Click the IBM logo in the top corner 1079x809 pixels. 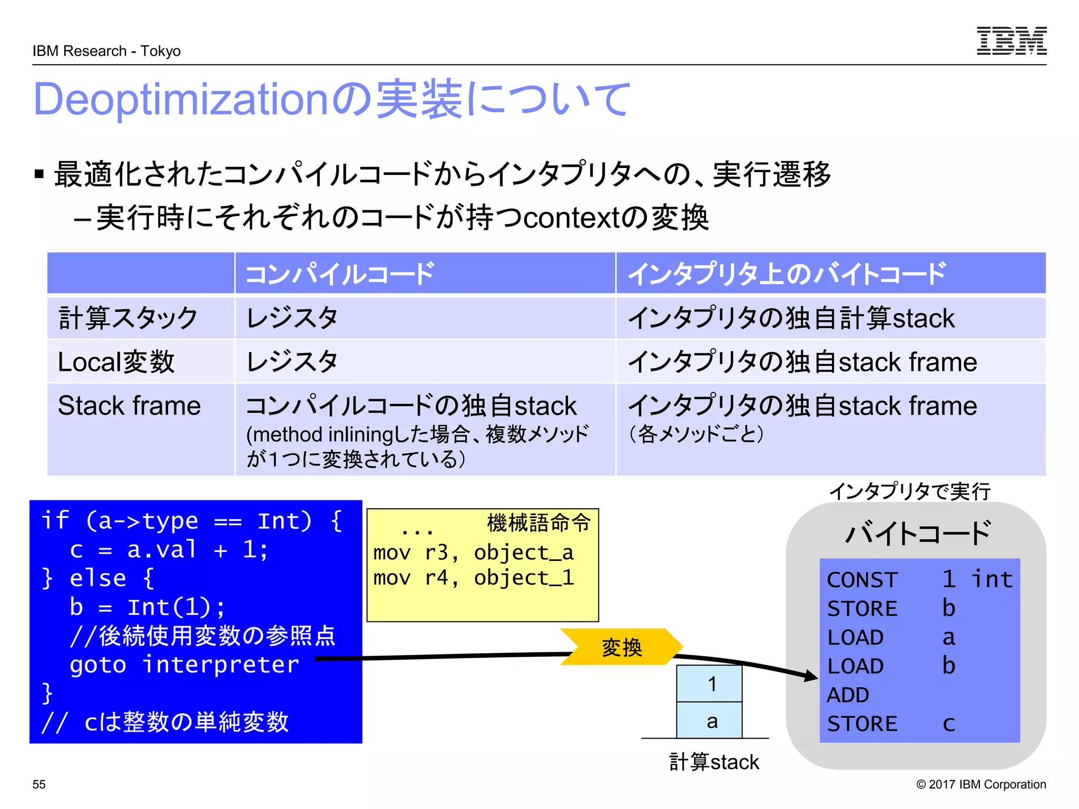(x=1011, y=41)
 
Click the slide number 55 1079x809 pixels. (x=39, y=784)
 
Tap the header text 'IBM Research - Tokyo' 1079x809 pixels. (x=106, y=51)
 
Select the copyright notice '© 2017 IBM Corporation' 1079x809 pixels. (x=981, y=784)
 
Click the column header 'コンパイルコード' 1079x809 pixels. (x=340, y=274)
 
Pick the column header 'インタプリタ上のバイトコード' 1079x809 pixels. (x=787, y=274)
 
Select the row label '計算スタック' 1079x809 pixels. (x=128, y=318)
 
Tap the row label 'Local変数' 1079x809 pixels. (x=116, y=362)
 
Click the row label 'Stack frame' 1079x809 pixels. (x=129, y=406)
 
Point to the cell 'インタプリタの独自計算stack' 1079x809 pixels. (x=791, y=318)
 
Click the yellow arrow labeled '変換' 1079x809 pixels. (x=622, y=647)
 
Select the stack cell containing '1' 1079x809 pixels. (x=710, y=684)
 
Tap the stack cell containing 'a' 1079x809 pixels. (x=710, y=721)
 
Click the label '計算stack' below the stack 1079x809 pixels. (x=714, y=762)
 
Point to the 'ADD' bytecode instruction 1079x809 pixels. (x=848, y=695)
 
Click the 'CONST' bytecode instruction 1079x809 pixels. (x=862, y=580)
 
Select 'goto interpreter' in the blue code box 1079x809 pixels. (x=184, y=665)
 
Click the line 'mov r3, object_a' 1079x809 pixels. (x=473, y=553)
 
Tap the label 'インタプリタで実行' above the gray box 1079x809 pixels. (x=910, y=491)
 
